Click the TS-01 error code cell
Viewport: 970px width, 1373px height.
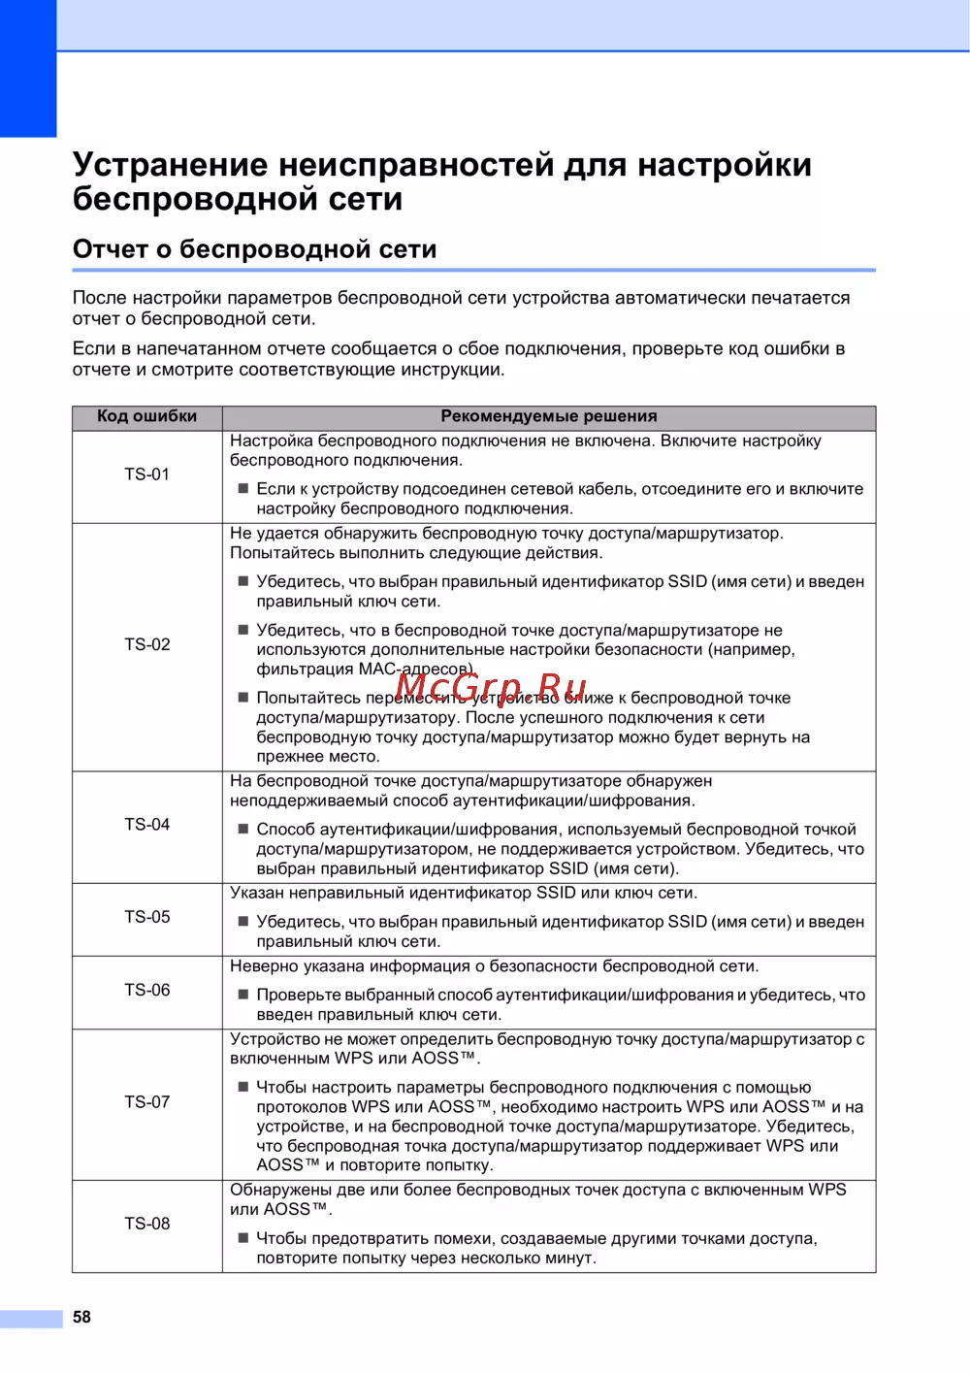(x=146, y=474)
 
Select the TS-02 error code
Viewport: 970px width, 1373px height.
(x=146, y=644)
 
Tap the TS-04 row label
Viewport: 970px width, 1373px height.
(x=146, y=825)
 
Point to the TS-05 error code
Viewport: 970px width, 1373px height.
(x=146, y=917)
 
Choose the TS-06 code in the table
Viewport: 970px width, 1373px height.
(x=146, y=991)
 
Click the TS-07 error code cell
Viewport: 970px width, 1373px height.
(x=146, y=1102)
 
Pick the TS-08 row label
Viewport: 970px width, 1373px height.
(x=146, y=1224)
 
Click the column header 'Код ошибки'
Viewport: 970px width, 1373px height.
(x=146, y=416)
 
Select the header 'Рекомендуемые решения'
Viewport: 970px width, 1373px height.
(x=549, y=416)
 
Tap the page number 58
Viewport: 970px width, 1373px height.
(x=82, y=1317)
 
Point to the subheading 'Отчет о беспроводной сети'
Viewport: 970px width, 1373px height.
(x=254, y=249)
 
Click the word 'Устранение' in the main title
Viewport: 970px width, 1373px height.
(x=170, y=165)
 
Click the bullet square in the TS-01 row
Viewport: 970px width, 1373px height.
(x=243, y=488)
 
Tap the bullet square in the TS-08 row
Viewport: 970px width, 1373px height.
(x=243, y=1237)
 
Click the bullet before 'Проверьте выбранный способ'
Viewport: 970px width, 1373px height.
(x=243, y=994)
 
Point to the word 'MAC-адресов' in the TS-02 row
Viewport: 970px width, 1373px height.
(x=414, y=669)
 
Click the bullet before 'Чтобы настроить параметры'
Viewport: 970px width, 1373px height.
(x=243, y=1087)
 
